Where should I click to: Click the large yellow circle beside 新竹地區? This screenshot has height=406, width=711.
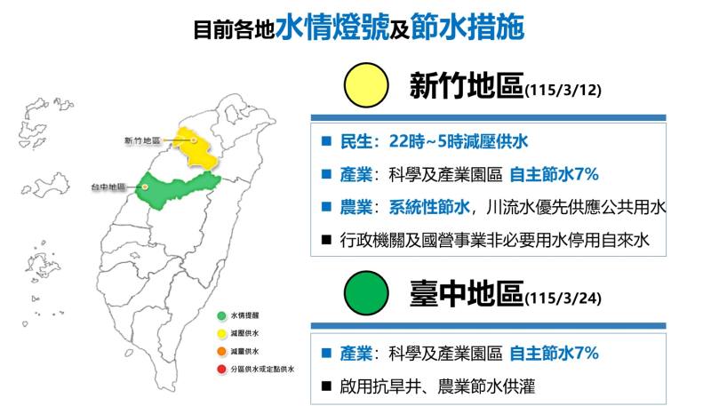pyautogui.click(x=366, y=87)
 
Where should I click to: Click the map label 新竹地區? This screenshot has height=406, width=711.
pyautogui.click(x=141, y=140)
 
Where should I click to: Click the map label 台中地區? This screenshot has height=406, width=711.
pyautogui.click(x=108, y=187)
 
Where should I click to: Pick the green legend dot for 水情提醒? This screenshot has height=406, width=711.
pyautogui.click(x=221, y=315)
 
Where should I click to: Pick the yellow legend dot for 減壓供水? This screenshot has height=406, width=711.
pyautogui.click(x=221, y=333)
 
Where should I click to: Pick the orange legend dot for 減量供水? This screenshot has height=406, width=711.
pyautogui.click(x=221, y=351)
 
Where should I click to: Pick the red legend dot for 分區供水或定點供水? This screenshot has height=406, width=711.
pyautogui.click(x=221, y=368)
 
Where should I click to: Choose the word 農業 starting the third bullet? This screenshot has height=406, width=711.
pyautogui.click(x=356, y=207)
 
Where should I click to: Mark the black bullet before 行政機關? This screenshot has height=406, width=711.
pyautogui.click(x=326, y=239)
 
